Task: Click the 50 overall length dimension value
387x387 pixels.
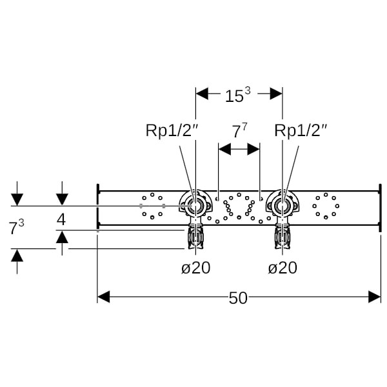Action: (x=238, y=297)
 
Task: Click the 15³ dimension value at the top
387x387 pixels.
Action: (x=237, y=95)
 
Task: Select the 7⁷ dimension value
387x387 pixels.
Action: (x=240, y=131)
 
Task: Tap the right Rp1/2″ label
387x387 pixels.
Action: (x=301, y=130)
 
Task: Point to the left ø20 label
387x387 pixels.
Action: (x=195, y=267)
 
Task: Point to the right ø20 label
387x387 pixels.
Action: (x=282, y=267)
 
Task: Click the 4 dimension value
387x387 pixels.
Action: (x=61, y=219)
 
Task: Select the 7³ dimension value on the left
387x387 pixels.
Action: (x=17, y=227)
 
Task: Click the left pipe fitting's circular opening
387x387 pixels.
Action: (x=195, y=206)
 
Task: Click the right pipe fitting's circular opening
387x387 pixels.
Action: (x=282, y=206)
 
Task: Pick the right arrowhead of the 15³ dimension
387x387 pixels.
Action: (x=276, y=94)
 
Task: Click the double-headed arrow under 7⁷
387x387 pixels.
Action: (x=239, y=149)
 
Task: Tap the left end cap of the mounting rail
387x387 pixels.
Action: (x=98, y=206)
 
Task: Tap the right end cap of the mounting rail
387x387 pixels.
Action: (x=380, y=206)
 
